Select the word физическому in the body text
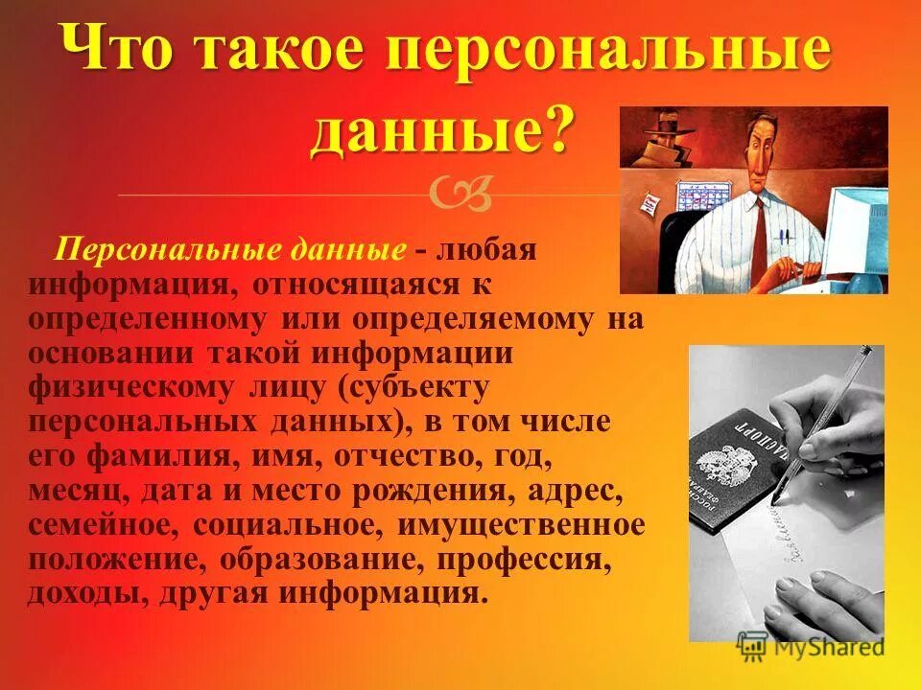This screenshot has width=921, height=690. pos(130,388)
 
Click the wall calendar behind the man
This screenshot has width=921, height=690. pos(705,196)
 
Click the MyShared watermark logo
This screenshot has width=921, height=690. pos(811,647)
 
